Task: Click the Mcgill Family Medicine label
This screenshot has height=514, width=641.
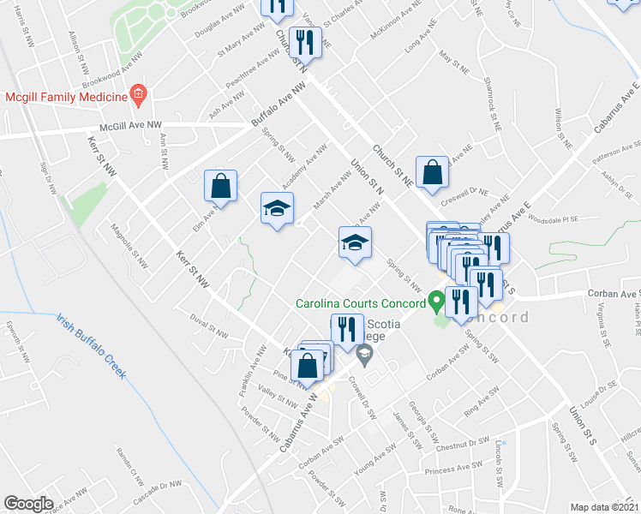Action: coord(65,96)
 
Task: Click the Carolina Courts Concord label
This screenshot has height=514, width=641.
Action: coord(361,303)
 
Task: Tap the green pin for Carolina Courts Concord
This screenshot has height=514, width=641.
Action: coord(436,302)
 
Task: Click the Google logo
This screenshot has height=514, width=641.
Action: coord(28,503)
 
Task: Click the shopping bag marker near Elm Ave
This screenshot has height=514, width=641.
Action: coord(221,187)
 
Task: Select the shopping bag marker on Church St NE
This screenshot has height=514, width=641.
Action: coord(433,170)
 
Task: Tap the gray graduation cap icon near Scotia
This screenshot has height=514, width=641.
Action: coord(365,354)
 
